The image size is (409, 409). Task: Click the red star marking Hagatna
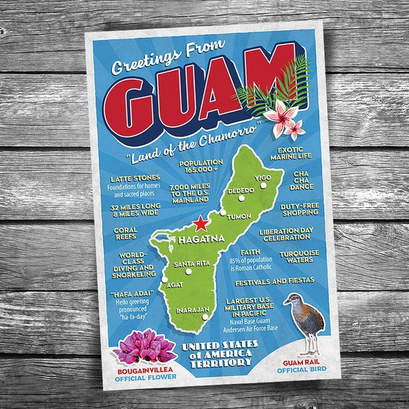200,224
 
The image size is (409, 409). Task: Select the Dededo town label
241,190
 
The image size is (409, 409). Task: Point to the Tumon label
239,216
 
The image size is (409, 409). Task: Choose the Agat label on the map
174,284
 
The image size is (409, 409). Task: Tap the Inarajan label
192,310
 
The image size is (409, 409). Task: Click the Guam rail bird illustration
303,320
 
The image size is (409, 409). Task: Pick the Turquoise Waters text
294,258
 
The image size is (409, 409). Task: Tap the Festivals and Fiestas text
274,280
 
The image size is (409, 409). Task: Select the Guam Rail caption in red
301,362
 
